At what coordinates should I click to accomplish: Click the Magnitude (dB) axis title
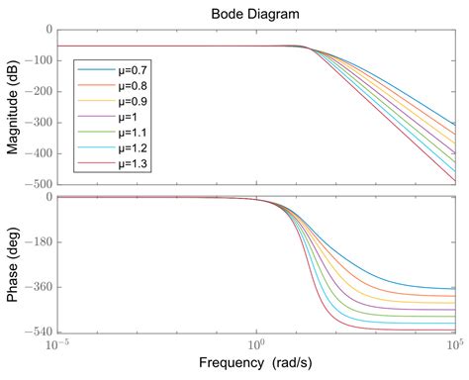(x=14, y=106)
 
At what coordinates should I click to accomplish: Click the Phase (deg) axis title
(x=14, y=264)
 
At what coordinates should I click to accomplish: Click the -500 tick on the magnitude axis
(x=39, y=184)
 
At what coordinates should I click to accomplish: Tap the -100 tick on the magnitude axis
(x=39, y=61)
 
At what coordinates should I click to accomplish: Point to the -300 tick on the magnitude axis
(x=39, y=123)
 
